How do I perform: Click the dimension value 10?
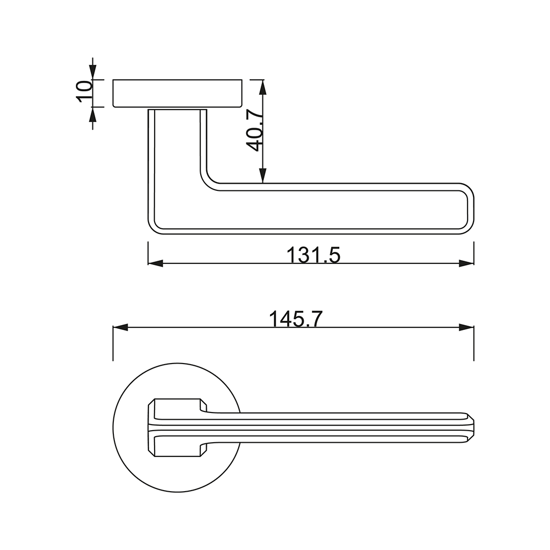pyautogui.click(x=84, y=91)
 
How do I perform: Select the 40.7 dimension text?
pyautogui.click(x=254, y=130)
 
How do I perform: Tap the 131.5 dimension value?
pyautogui.click(x=313, y=255)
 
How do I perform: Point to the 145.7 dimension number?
pyautogui.click(x=295, y=319)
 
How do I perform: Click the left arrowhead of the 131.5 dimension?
pyautogui.click(x=156, y=263)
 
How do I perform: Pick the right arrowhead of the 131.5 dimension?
pyautogui.click(x=466, y=263)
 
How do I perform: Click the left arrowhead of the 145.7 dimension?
pyautogui.click(x=120, y=328)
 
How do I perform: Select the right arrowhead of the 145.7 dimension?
pyautogui.click(x=466, y=328)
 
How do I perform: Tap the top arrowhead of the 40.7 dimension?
pyautogui.click(x=262, y=87)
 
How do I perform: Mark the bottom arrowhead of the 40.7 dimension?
pyautogui.click(x=262, y=175)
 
